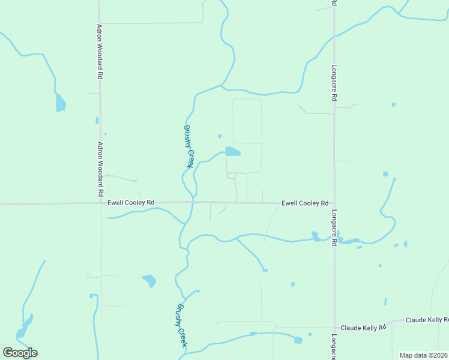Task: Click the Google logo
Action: coord(20,352)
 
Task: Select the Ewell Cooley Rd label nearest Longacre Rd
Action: coord(305,203)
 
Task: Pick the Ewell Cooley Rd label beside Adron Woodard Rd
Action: coord(131,203)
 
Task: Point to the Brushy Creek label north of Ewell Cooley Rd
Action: coord(188,146)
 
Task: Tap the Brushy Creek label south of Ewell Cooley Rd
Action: coord(181,325)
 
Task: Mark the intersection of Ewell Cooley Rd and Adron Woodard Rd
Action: coord(100,203)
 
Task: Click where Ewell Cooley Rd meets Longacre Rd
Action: coord(334,203)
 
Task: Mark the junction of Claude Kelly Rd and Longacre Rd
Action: coord(334,328)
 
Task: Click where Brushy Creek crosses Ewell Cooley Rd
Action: coord(193,203)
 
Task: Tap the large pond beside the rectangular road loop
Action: coord(232,152)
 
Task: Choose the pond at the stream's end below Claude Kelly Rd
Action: coord(298,340)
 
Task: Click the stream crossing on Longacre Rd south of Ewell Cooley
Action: coord(334,239)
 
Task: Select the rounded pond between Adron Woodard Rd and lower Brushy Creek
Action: coord(149,280)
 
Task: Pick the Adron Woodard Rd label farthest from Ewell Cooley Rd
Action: coord(100,52)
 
